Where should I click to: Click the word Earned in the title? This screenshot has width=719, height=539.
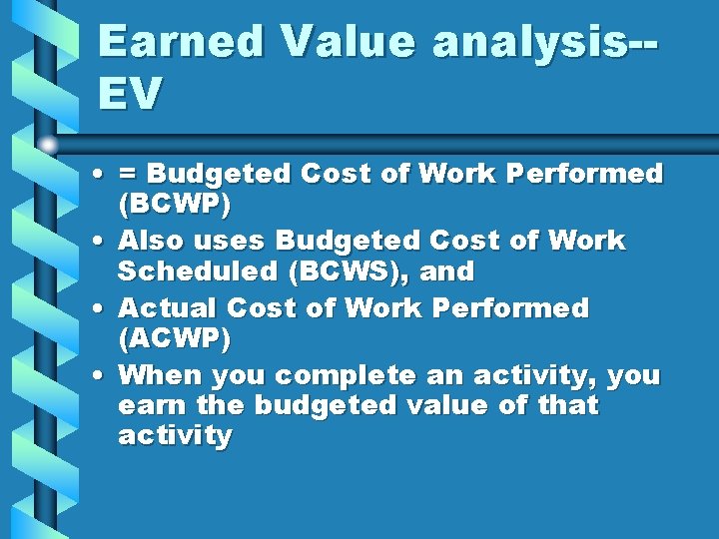180,42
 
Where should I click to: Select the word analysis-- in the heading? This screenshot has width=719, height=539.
544,42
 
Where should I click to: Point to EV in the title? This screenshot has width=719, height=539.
130,94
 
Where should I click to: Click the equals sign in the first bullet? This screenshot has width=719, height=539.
128,175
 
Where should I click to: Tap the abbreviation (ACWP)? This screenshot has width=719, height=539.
174,339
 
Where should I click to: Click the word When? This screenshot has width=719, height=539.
157,375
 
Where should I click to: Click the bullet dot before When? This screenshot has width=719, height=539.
104,376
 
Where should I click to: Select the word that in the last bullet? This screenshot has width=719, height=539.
567,406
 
